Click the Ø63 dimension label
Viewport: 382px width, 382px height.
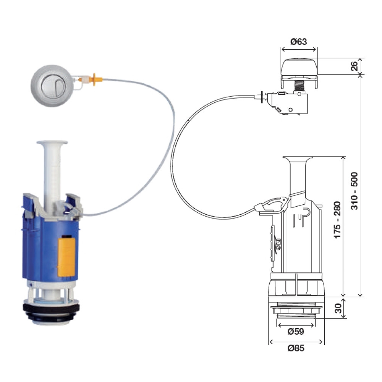298,42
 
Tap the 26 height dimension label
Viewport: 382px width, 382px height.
354,66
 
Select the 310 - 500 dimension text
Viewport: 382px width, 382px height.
354,191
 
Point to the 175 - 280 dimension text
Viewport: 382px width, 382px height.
337,220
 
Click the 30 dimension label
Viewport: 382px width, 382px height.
338,308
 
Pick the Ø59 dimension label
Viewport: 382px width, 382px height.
296,331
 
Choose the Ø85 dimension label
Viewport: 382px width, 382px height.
296,348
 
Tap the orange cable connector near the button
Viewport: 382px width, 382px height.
95,79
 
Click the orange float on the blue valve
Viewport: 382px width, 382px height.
66,257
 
